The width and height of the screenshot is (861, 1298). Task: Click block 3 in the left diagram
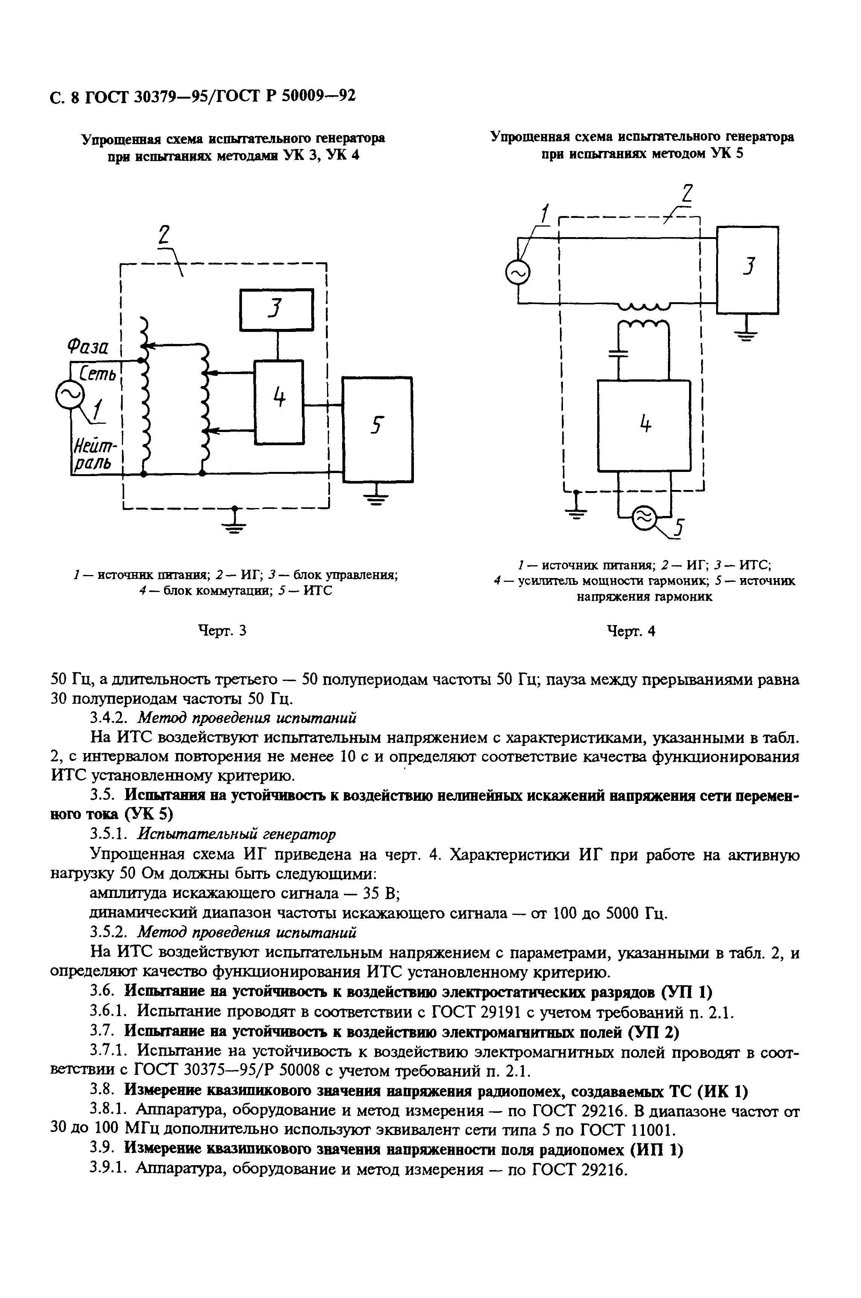pos(276,310)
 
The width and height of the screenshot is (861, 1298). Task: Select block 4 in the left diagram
pos(279,402)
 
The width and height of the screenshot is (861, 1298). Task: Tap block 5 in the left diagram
pos(377,429)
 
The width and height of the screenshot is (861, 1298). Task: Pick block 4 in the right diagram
pos(643,426)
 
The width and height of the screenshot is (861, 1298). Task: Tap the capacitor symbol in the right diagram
pos(619,353)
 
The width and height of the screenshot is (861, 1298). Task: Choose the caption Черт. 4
pos(631,632)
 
